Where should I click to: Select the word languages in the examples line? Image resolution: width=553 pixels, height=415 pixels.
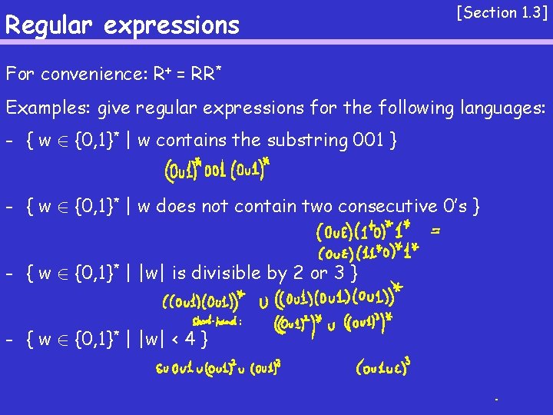(502, 108)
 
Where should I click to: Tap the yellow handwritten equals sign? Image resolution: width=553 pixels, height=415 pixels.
(435, 229)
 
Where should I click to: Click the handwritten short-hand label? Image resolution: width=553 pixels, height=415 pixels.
(217, 322)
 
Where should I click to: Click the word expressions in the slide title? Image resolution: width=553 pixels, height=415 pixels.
(171, 25)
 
